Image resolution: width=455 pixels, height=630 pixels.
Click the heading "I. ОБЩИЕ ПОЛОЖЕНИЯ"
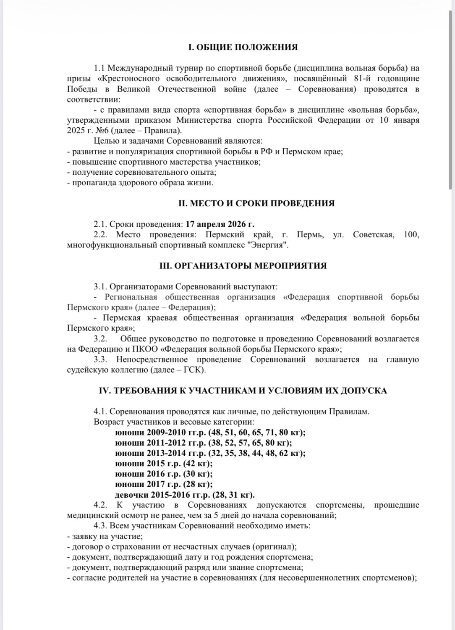243,47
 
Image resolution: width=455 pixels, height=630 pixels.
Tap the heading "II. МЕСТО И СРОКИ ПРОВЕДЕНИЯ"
256,203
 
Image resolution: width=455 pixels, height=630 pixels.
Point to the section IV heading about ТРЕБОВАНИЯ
243,391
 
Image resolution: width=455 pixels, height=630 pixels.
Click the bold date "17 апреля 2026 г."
220,224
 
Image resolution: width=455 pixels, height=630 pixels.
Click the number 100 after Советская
411,234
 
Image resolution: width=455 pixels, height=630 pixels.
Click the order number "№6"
102,131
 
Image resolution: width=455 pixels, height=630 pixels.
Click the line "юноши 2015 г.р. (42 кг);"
164,464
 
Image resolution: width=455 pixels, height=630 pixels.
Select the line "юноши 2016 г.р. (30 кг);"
164,474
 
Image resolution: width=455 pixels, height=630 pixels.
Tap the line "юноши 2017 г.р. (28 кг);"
164,484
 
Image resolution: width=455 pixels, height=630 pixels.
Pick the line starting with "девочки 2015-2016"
185,495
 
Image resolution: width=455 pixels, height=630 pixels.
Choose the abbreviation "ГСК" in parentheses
192,370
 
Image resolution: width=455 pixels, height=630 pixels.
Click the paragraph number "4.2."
103,505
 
